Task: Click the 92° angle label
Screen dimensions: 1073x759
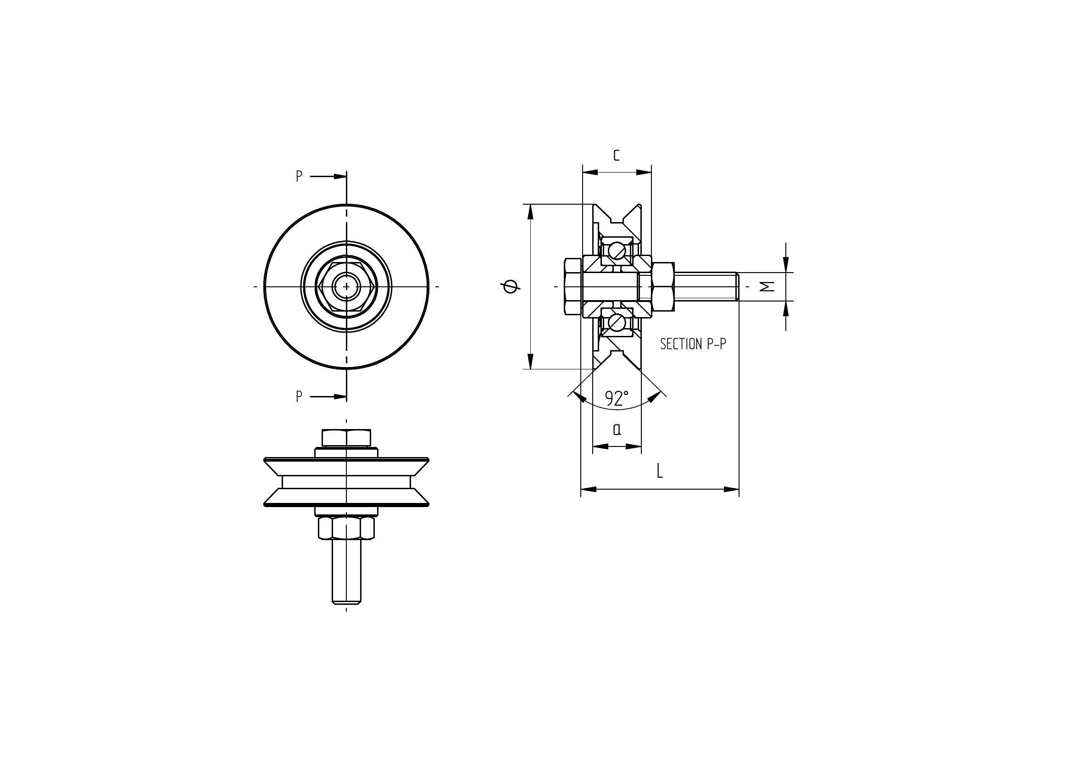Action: click(x=617, y=398)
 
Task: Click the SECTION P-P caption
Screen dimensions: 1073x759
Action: click(x=693, y=344)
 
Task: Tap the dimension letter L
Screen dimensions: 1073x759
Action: click(x=659, y=471)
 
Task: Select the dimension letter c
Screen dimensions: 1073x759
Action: click(x=617, y=155)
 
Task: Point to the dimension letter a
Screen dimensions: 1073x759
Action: click(x=617, y=429)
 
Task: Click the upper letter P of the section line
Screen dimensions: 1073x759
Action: click(x=299, y=176)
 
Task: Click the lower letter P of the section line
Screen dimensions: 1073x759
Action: click(x=299, y=396)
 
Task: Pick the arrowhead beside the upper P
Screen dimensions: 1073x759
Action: click(x=340, y=177)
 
